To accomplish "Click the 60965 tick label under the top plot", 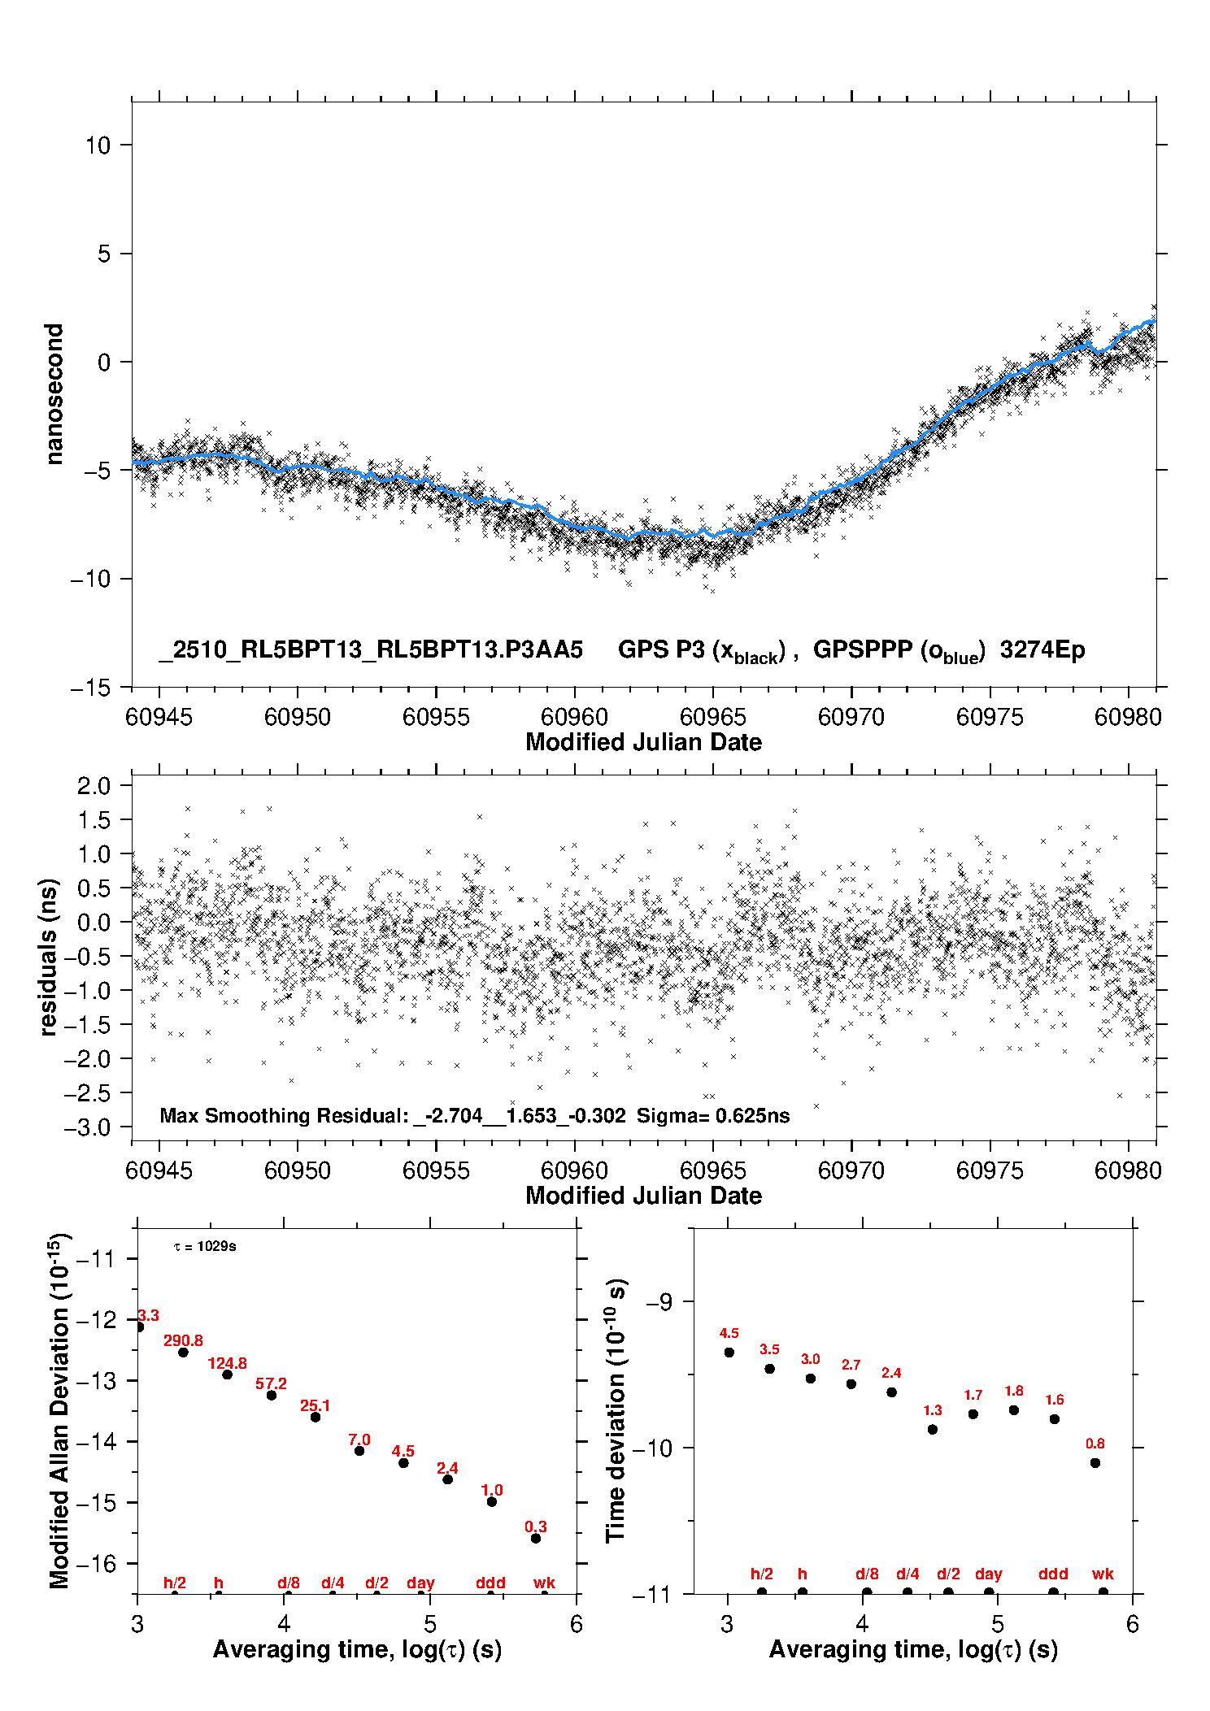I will pos(712,717).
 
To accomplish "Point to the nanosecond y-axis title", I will pos(54,394).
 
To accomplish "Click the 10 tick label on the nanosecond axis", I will pos(98,145).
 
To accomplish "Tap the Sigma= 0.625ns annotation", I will pos(712,1116).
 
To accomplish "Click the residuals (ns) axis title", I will pos(49,957).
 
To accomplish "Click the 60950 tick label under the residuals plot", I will pos(298,1170).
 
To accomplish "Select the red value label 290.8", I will pos(183,1340).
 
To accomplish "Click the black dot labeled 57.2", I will pos(272,1395).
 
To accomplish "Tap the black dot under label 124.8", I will pos(228,1374).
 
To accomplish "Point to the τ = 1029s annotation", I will pos(205,1246).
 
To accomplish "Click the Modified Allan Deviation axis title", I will pos(59,1410).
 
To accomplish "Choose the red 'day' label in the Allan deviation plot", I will pos(420,1583).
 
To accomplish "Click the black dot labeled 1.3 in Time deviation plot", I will pos(933,1429).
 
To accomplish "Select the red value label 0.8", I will pos(1095,1444).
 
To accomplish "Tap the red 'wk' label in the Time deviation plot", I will pos(1103,1574).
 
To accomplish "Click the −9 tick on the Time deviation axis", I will pos(659,1302).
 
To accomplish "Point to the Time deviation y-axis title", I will pos(616,1410).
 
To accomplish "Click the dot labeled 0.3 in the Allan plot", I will pos(536,1538).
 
